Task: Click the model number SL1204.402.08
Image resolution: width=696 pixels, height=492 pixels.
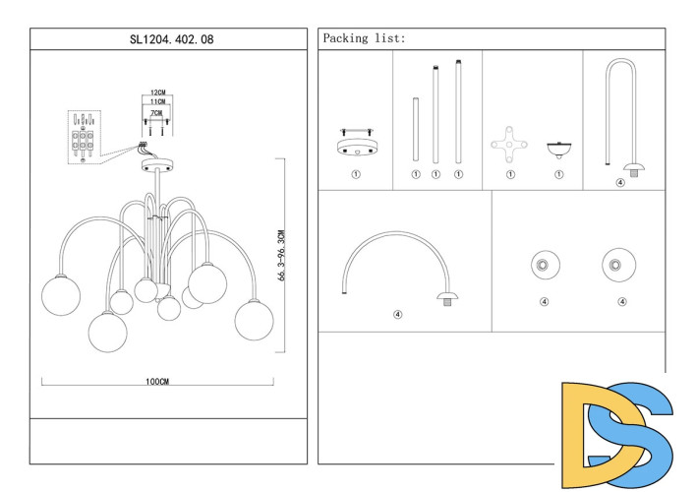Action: (171, 39)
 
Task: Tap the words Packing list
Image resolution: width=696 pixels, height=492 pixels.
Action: (363, 38)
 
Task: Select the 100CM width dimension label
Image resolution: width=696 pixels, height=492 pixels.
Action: (157, 382)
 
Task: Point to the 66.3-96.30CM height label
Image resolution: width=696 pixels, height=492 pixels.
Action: (281, 255)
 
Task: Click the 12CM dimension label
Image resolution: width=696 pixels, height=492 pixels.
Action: (157, 92)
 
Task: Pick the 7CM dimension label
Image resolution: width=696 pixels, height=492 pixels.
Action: (156, 113)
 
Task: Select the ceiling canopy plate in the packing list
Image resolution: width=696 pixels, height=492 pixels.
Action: (356, 143)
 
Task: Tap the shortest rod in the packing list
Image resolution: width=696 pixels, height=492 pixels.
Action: (416, 129)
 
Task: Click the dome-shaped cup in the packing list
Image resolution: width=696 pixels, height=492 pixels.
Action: (558, 151)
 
